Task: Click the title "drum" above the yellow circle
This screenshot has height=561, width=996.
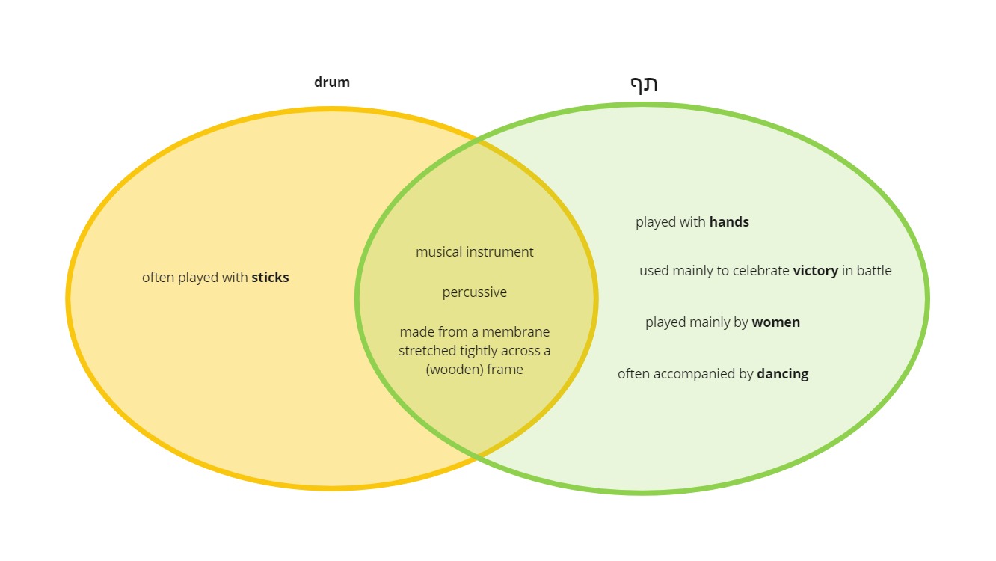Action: [332, 82]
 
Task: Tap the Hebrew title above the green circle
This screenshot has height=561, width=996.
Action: [644, 84]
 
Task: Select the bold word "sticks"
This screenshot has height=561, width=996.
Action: [271, 278]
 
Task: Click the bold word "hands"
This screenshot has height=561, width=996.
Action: [729, 221]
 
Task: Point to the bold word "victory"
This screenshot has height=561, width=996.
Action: [816, 271]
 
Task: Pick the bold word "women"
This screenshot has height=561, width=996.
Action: [776, 322]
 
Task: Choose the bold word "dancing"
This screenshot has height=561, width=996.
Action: [783, 374]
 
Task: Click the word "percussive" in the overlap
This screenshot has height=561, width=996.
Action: [474, 292]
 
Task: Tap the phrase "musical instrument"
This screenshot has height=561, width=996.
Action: [474, 252]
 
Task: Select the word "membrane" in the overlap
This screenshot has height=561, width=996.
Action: [516, 332]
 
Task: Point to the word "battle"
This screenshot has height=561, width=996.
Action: [874, 271]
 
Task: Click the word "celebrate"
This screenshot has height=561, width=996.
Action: [761, 271]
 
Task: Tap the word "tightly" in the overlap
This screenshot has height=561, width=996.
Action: [482, 351]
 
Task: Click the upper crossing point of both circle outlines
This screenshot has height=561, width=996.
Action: [478, 140]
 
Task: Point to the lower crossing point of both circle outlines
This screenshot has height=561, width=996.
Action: [478, 456]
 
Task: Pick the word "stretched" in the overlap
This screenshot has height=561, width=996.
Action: [427, 351]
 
